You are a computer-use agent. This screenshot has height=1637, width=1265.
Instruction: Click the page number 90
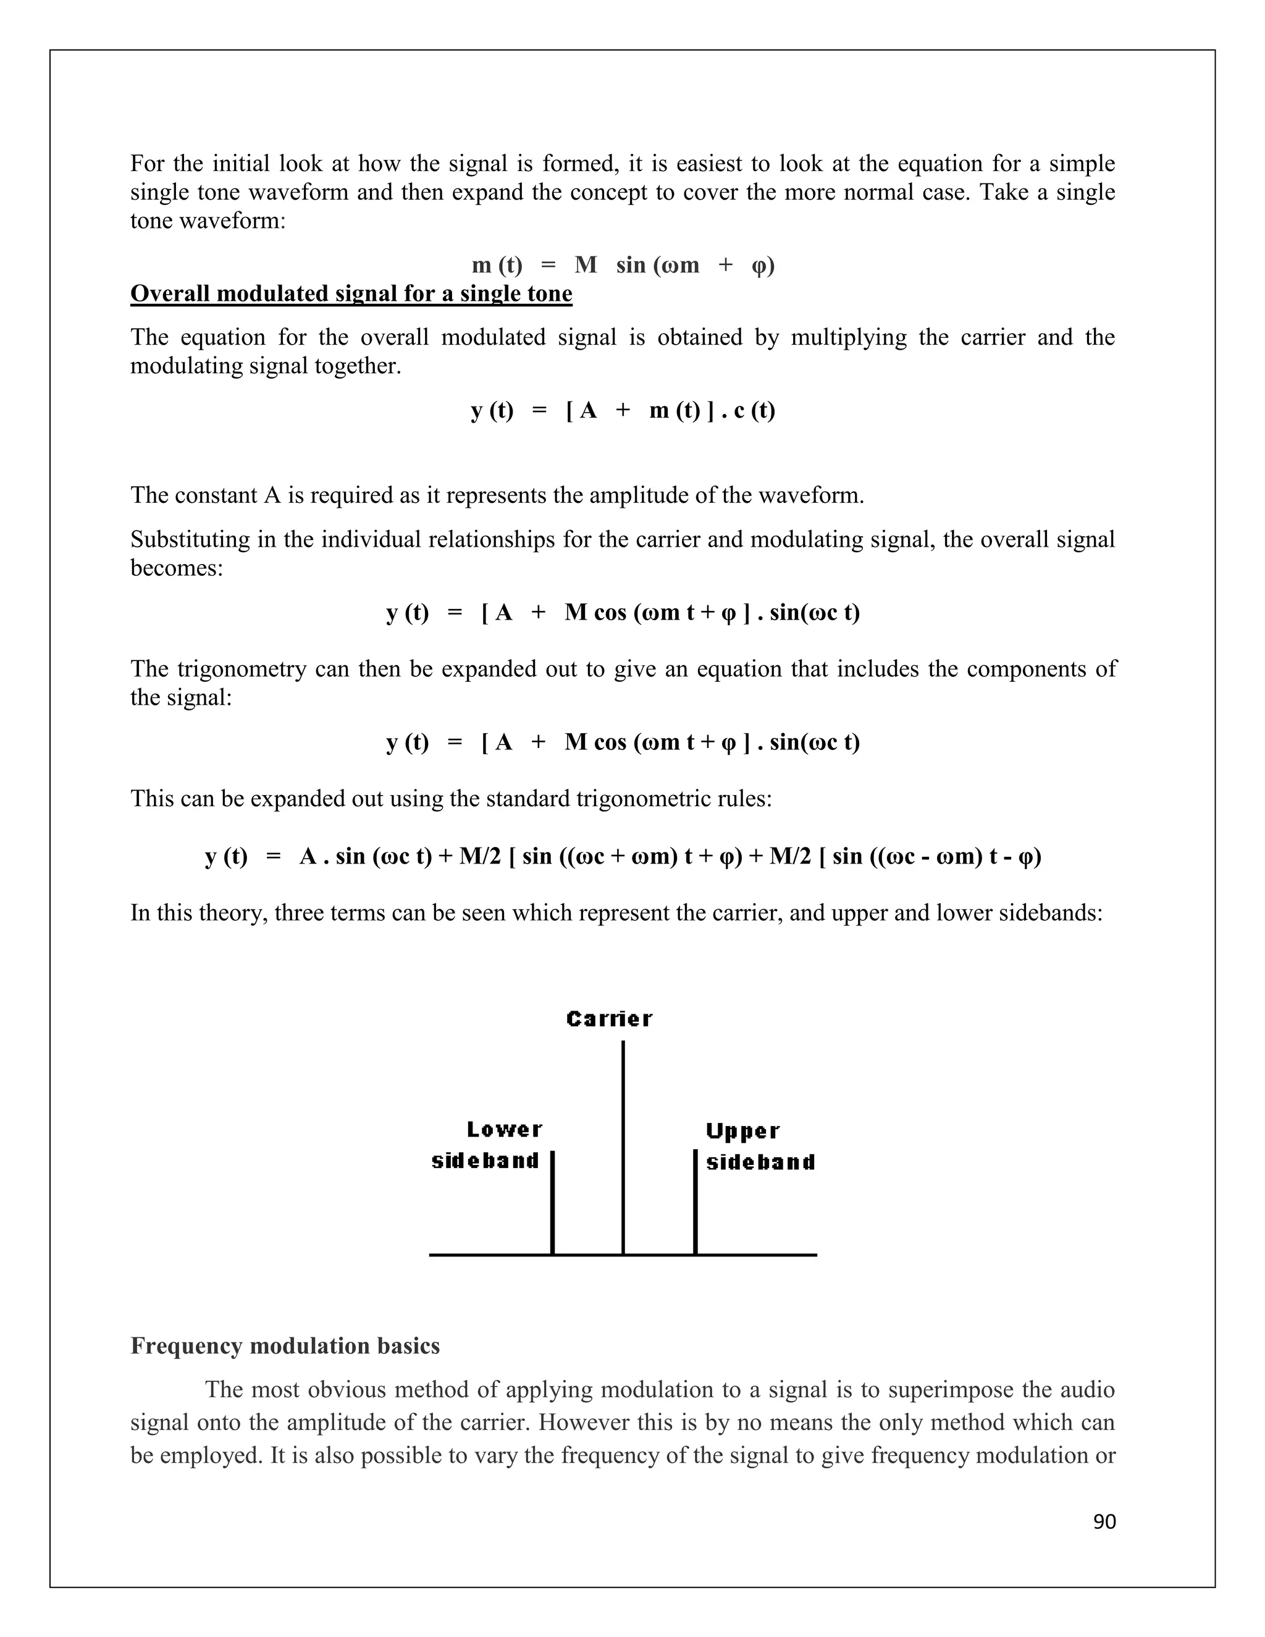point(1104,1521)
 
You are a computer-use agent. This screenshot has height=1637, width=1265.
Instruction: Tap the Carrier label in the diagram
point(609,1019)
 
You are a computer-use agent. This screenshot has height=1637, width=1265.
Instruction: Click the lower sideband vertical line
point(552,1203)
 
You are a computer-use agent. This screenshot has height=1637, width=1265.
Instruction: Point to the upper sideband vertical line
point(695,1203)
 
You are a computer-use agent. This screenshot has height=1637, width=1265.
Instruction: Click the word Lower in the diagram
point(505,1130)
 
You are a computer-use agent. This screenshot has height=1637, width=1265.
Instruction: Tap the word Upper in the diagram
point(742,1131)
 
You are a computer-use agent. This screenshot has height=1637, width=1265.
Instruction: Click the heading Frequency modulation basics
point(285,1345)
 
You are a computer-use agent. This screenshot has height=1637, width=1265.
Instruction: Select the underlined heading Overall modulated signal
point(351,293)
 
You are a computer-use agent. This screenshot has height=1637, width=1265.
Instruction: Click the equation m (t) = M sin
point(623,264)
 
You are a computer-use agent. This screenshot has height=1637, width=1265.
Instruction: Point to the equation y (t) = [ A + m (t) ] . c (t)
point(623,410)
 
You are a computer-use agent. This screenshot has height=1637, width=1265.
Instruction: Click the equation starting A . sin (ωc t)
point(623,856)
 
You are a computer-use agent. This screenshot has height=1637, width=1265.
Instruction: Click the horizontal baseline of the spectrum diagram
point(757,1255)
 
